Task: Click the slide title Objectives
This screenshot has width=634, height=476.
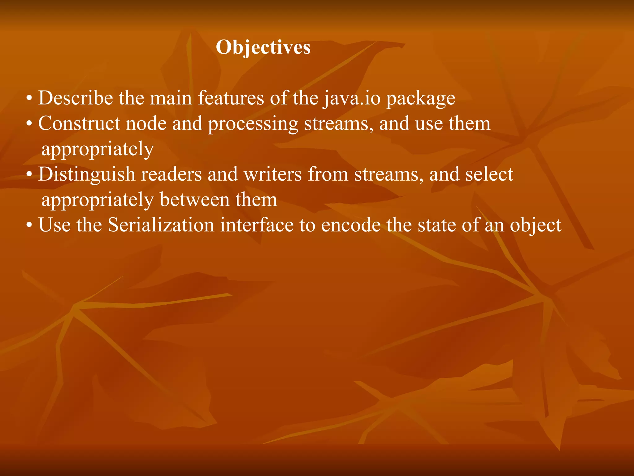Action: [263, 47]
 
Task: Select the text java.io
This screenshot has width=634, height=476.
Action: [351, 98]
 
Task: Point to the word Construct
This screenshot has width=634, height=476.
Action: [79, 124]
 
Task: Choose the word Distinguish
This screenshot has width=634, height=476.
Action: [87, 174]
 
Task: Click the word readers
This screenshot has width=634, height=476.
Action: [171, 174]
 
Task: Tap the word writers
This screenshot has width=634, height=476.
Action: [272, 174]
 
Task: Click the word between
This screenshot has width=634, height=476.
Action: [195, 200]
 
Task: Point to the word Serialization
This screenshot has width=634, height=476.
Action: [161, 225]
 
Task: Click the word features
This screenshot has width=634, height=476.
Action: [231, 98]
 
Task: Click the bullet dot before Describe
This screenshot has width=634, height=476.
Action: [29, 99]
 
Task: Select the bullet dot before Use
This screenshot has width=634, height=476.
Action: [29, 226]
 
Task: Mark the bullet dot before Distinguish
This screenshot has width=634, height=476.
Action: [29, 175]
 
